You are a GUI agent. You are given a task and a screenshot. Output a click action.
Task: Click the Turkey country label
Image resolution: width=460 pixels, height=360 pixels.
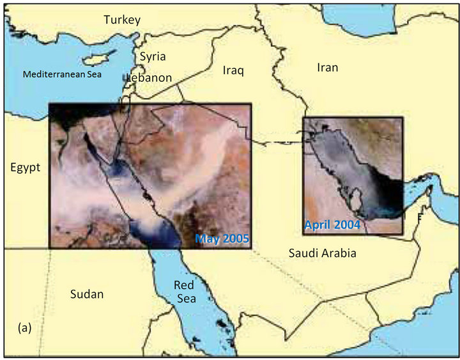[122, 20]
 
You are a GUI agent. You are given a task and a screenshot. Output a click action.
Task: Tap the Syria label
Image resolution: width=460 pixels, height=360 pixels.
[153, 56]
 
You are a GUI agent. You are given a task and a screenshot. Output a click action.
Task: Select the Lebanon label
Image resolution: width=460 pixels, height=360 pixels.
[149, 77]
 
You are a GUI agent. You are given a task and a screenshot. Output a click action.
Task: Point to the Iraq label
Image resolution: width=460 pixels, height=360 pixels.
[233, 70]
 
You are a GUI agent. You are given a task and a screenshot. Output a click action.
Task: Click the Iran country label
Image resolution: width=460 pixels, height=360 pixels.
[327, 67]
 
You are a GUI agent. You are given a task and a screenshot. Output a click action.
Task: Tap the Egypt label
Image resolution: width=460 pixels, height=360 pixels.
[26, 168]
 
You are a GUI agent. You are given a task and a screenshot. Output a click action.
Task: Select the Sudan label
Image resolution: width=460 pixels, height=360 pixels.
[87, 294]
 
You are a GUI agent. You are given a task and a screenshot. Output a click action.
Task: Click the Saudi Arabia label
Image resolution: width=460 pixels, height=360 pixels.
[322, 253]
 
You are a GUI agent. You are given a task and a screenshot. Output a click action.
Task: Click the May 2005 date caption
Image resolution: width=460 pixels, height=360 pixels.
[222, 239]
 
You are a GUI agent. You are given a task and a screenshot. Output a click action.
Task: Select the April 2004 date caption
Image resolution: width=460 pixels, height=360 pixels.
[332, 225]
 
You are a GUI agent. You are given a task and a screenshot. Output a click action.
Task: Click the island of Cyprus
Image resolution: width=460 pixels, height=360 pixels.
[96, 59]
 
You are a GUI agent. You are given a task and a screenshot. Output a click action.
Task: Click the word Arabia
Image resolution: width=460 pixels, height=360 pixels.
[339, 253]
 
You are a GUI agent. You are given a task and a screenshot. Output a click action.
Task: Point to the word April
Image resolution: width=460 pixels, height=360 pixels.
[318, 225]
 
